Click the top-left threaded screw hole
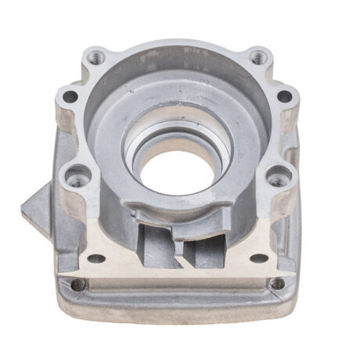click(x=96, y=56)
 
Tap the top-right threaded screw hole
click(x=256, y=56)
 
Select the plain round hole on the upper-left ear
click(x=70, y=97)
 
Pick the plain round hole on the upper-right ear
click(x=285, y=97)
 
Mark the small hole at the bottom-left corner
click(x=77, y=285)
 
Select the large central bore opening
click(x=175, y=169)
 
